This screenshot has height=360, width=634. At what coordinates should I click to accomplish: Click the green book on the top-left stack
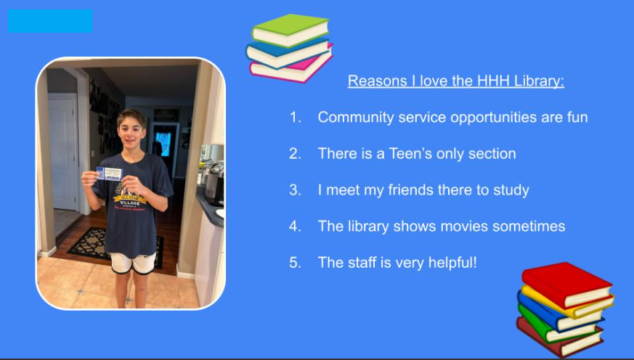[x=290, y=30]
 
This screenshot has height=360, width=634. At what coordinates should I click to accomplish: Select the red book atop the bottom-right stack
[x=566, y=285]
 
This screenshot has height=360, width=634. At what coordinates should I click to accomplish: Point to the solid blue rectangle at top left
[x=50, y=21]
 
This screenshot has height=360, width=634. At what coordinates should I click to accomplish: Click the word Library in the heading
[x=539, y=81]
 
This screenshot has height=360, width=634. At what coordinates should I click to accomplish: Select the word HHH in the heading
[x=493, y=81]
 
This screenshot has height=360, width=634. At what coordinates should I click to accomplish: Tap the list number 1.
[x=296, y=117]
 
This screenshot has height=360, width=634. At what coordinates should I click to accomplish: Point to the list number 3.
[x=295, y=190]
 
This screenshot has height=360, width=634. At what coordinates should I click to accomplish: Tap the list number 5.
[x=295, y=263]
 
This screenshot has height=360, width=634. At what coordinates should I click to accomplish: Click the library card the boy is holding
[x=109, y=173]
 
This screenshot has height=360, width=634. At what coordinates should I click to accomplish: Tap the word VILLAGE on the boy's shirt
[x=130, y=202]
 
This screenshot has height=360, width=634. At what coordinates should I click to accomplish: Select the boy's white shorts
[x=134, y=263]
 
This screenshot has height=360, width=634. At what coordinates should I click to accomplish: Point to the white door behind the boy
[x=62, y=152]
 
